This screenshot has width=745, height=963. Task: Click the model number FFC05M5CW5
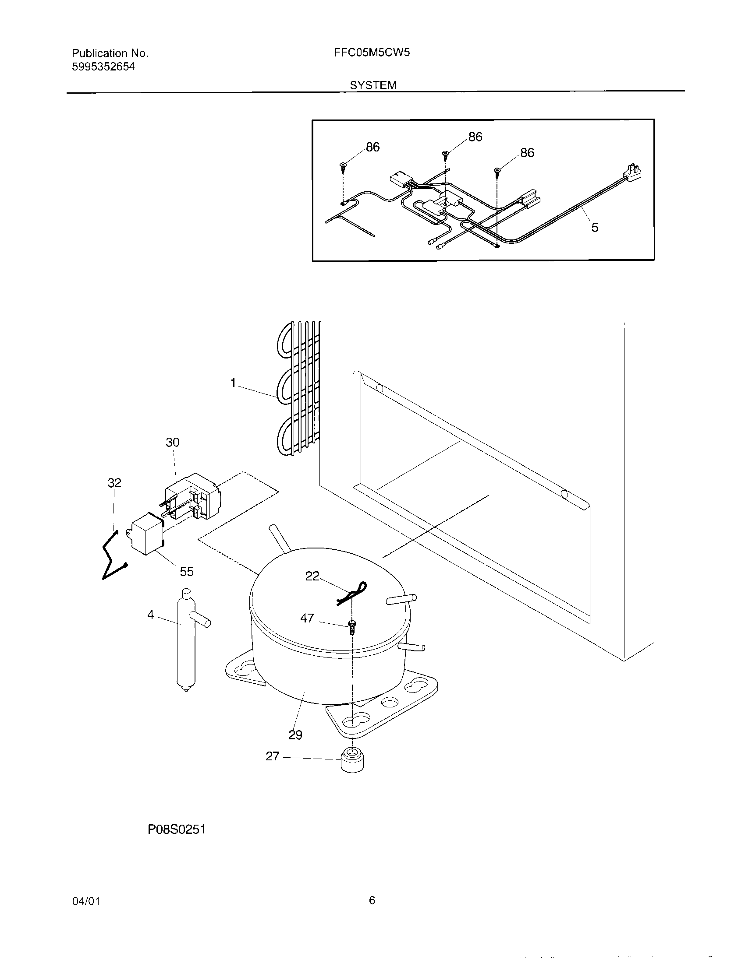click(372, 53)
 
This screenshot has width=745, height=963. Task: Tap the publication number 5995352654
click(103, 67)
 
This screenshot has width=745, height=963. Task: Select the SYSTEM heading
click(373, 85)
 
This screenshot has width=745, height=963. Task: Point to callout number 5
click(595, 228)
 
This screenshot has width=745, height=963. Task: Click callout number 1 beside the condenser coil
click(234, 383)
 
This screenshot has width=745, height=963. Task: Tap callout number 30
click(173, 442)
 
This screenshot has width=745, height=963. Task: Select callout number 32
click(114, 483)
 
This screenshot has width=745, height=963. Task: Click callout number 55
click(187, 571)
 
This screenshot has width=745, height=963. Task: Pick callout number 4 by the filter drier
click(151, 615)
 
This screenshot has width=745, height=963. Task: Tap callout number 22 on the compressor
click(312, 576)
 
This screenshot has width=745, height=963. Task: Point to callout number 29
click(295, 735)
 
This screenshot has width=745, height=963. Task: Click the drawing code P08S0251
click(177, 830)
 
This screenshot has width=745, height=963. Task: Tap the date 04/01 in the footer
click(86, 901)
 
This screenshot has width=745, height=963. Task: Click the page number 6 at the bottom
click(372, 900)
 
